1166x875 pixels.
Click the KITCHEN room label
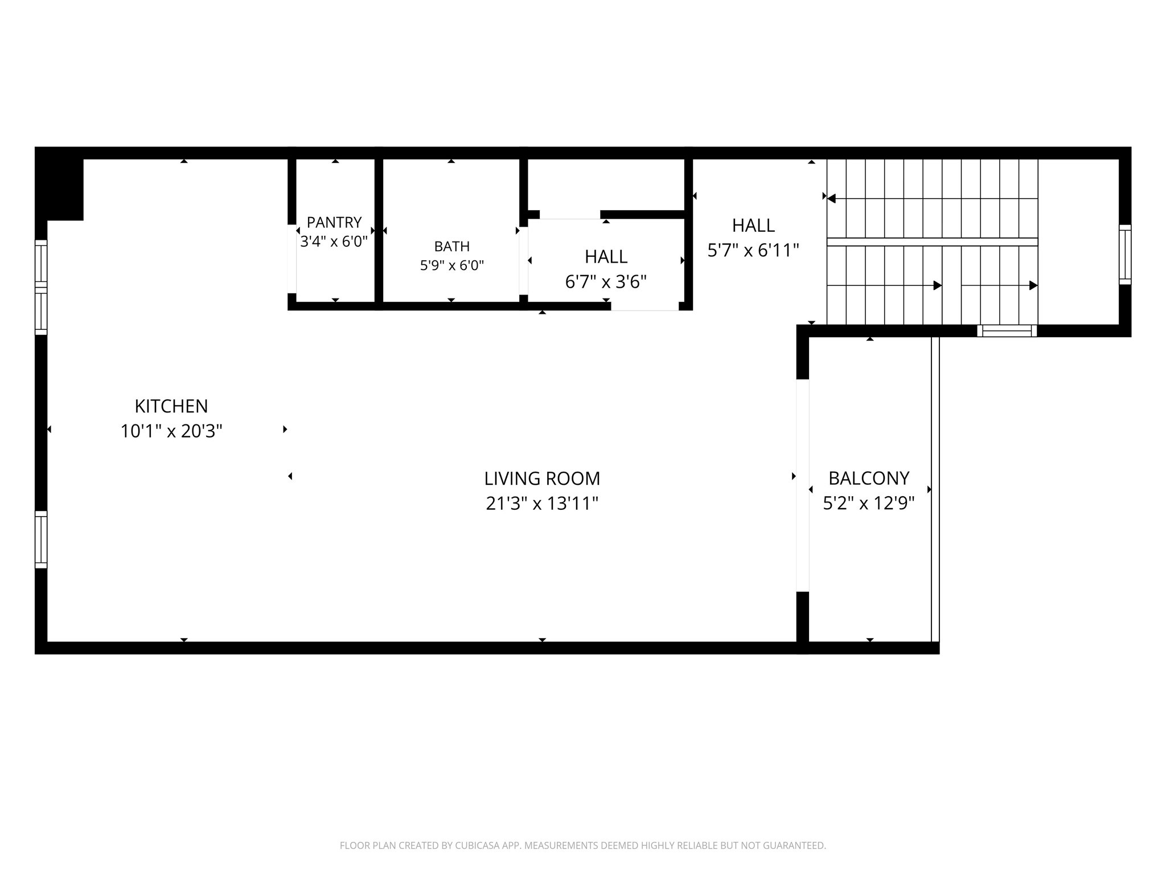point(171,406)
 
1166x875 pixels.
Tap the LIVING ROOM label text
point(542,479)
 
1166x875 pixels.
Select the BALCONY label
point(869,478)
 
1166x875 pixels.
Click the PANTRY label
point(334,222)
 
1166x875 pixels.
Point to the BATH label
point(452,246)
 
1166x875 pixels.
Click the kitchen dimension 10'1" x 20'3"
point(171,431)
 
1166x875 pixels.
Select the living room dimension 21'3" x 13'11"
point(542,504)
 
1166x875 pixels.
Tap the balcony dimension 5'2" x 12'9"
point(869,503)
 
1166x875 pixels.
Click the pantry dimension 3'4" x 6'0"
point(334,242)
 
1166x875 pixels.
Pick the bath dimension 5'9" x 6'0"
point(452,265)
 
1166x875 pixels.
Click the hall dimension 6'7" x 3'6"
point(606,281)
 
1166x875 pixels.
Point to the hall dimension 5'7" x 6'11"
point(753,250)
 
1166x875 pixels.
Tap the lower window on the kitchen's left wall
point(41,539)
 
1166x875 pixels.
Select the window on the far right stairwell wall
point(1125,255)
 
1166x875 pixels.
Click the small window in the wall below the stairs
point(1007,330)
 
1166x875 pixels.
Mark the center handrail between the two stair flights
point(933,242)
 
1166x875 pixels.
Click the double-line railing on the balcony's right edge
point(935,489)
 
